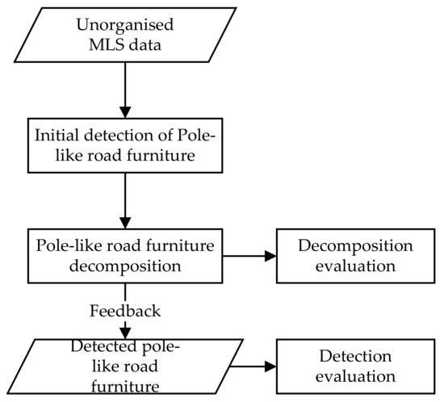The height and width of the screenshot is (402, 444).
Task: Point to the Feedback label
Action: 125,309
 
